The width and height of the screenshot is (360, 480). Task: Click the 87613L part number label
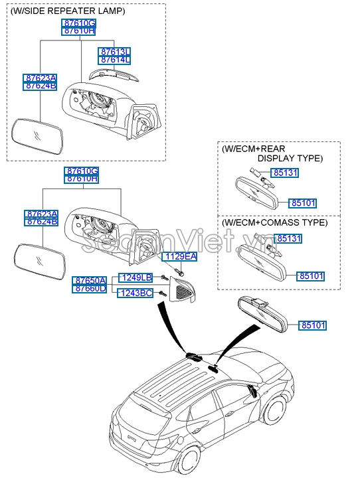pyautogui.click(x=115, y=51)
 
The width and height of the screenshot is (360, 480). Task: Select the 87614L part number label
pyautogui.click(x=115, y=60)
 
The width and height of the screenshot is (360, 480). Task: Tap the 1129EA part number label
pyautogui.click(x=181, y=256)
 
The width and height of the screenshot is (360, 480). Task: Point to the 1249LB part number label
pyautogui.click(x=135, y=277)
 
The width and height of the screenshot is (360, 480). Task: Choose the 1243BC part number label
pyautogui.click(x=135, y=293)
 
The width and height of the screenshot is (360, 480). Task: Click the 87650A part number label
pyautogui.click(x=90, y=281)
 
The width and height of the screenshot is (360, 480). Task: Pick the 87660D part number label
pyautogui.click(x=90, y=289)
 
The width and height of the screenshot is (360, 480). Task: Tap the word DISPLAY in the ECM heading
pyautogui.click(x=274, y=159)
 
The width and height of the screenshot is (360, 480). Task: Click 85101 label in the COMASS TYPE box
pyautogui.click(x=311, y=276)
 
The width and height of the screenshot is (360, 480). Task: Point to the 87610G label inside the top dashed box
pyautogui.click(x=80, y=23)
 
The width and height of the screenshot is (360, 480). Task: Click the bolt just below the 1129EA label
pyautogui.click(x=181, y=271)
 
